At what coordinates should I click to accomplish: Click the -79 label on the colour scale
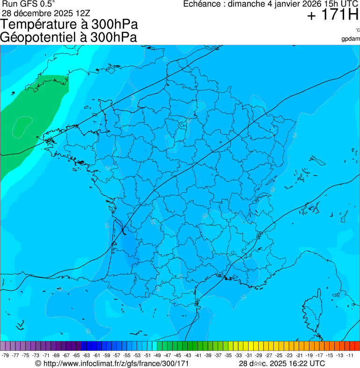tap(6, 355)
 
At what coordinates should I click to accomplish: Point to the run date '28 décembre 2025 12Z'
tap(46, 13)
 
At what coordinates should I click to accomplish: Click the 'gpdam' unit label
tap(351, 38)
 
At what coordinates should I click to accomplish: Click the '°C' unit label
tap(357, 30)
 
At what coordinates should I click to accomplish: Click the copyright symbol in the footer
tap(38, 363)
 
